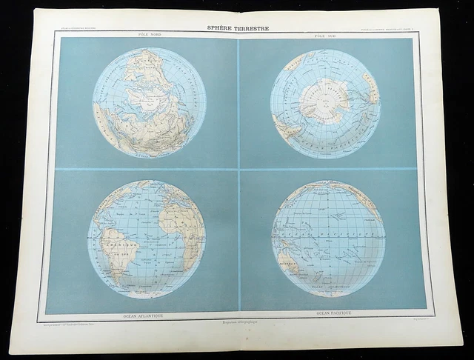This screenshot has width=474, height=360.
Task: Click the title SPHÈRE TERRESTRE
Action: pyautogui.click(x=237, y=29)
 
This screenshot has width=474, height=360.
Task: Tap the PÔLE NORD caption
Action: pyautogui.click(x=140, y=36)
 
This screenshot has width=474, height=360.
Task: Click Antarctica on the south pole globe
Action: pyautogui.click(x=325, y=101)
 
